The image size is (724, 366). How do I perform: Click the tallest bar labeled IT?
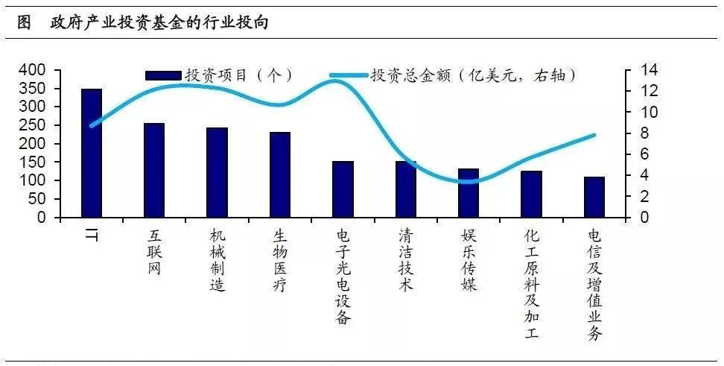[92, 153]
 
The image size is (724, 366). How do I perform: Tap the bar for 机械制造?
[217, 172]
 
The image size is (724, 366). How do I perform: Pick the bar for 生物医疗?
[280, 174]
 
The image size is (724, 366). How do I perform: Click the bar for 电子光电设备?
[343, 189]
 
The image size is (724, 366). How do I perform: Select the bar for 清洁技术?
[406, 189]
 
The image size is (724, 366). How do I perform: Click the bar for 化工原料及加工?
[531, 194]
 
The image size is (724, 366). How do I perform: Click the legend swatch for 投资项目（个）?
[163, 75]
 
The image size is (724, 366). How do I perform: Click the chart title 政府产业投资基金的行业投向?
[158, 23]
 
